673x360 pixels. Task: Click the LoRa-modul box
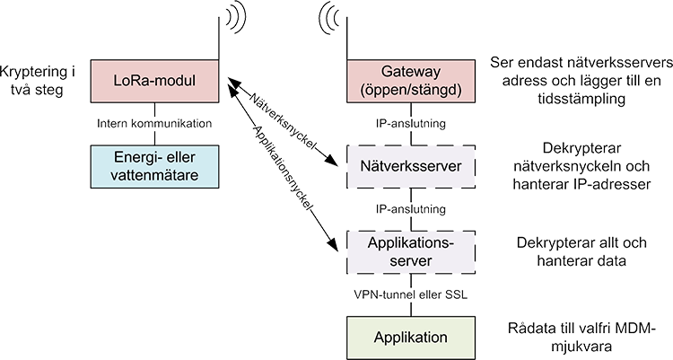coord(154,81)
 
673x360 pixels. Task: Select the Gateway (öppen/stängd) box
coord(411,81)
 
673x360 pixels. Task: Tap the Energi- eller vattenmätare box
coord(154,166)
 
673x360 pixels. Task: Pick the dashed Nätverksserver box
coord(411,166)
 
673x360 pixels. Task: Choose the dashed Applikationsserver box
coord(411,252)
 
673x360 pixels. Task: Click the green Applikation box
coord(411,338)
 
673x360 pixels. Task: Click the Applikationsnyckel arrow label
coord(282,168)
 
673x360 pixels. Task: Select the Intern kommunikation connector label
coord(154,124)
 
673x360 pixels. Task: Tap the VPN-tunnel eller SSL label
coord(411,294)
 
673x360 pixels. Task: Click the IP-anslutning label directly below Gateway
coord(411,124)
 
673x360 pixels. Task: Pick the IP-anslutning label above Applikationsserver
coord(411,209)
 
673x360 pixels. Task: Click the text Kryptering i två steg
coord(38,81)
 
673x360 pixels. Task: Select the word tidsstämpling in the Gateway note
coord(581,100)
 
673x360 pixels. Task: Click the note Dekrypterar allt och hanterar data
coord(581,251)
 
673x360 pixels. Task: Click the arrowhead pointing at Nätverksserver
coord(332,160)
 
